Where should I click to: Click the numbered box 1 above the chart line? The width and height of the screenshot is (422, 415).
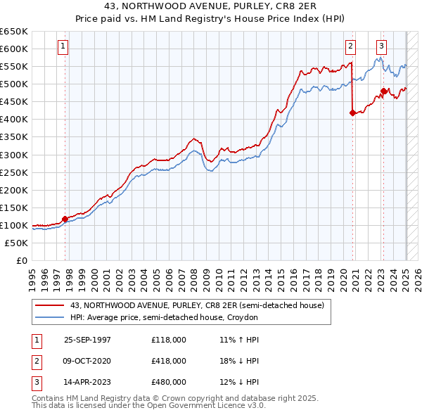click(63, 47)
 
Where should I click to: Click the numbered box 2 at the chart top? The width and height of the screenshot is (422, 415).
click(350, 47)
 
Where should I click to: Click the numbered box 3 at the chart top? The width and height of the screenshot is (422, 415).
click(381, 47)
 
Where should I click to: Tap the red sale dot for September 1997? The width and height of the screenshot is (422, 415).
click(65, 219)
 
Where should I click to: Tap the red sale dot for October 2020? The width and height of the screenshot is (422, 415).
click(352, 113)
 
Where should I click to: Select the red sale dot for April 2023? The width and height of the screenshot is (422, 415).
click(383, 91)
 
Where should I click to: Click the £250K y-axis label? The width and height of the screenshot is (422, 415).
click(15, 172)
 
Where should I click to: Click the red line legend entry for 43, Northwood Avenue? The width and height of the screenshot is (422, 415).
click(197, 305)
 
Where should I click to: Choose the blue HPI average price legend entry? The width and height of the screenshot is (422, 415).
click(164, 317)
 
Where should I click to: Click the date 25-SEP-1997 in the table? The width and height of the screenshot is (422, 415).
click(87, 340)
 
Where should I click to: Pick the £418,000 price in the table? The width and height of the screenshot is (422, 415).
click(168, 361)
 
